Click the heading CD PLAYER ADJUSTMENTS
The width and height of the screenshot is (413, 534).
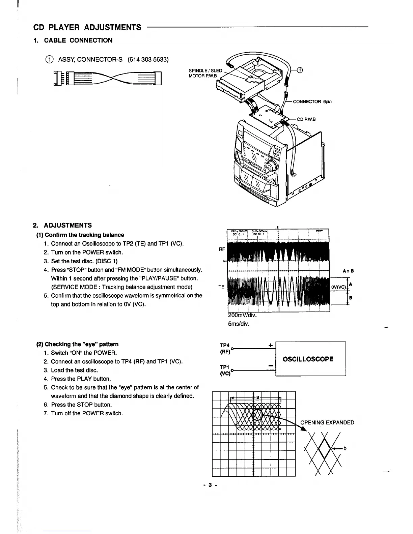pyautogui.click(x=87, y=27)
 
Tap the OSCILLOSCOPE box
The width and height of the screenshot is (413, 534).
pyautogui.click(x=308, y=359)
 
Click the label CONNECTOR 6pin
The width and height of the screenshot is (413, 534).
pyautogui.click(x=312, y=101)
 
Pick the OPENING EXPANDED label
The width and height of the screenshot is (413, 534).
pyautogui.click(x=327, y=422)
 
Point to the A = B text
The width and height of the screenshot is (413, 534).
pyautogui.click(x=348, y=271)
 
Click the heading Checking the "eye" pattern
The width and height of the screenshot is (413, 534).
pyautogui.click(x=77, y=344)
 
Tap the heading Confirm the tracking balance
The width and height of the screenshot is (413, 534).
pyautogui.click(x=80, y=235)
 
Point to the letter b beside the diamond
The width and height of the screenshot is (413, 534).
pyautogui.click(x=345, y=449)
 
